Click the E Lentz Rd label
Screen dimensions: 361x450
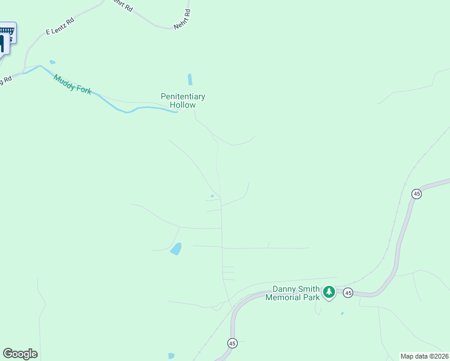(60, 26)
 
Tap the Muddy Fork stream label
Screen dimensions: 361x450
(72, 83)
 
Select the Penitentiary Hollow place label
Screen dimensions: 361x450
(183, 100)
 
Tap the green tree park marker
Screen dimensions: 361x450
(328, 292)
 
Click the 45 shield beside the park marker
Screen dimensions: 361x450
(348, 292)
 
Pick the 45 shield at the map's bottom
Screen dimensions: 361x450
(232, 343)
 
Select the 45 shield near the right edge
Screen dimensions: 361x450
(416, 193)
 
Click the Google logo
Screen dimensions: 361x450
(20, 354)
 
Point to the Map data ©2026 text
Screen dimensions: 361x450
(425, 356)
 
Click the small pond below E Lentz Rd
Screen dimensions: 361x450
(52, 62)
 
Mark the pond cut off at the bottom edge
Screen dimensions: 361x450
(171, 356)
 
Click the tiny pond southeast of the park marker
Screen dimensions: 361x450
(342, 313)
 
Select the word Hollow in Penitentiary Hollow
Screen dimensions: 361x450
(183, 105)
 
